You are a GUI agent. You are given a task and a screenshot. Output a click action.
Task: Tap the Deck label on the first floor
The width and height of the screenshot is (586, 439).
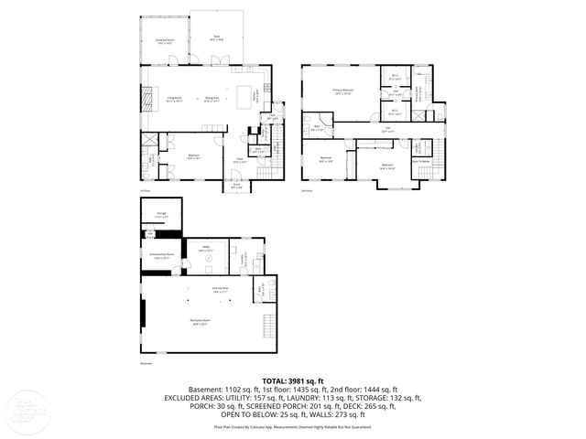217,38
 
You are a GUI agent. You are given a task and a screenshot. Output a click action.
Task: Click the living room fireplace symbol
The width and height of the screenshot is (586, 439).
145,96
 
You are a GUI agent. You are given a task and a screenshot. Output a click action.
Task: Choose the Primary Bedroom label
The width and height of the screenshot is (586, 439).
342,91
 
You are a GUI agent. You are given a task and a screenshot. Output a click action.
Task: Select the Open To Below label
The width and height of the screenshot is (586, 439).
423,160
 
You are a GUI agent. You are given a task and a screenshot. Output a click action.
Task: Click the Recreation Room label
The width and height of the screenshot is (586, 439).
200,320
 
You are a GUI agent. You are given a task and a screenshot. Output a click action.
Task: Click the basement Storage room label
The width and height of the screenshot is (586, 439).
161,216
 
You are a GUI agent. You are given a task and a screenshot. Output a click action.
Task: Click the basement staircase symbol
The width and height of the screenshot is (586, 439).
268,326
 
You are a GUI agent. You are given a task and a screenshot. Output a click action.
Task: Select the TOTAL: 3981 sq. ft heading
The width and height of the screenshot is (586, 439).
292,380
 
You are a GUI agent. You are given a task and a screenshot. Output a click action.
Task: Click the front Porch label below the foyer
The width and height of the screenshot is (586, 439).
236,188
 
